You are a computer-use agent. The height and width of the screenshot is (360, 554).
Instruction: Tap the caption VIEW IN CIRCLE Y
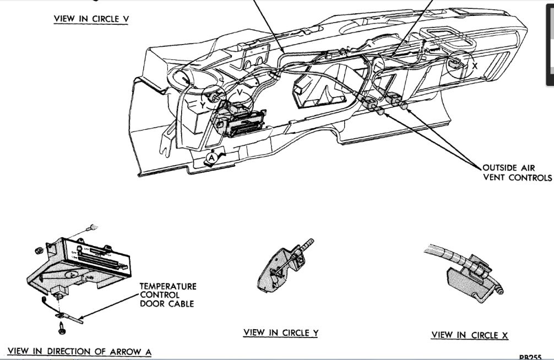tap(280, 332)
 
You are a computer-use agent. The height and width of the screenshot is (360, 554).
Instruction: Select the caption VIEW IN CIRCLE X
tap(470, 335)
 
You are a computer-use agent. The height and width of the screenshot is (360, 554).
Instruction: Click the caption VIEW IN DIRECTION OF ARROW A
tap(80, 351)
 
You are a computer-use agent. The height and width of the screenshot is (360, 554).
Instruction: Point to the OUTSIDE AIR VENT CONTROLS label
tap(517, 172)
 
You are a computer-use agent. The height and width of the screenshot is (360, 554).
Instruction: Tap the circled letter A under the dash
tap(210, 158)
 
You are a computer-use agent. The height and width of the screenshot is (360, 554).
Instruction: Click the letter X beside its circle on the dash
tap(475, 64)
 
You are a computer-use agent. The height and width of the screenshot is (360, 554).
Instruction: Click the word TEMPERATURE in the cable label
tap(167, 287)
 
